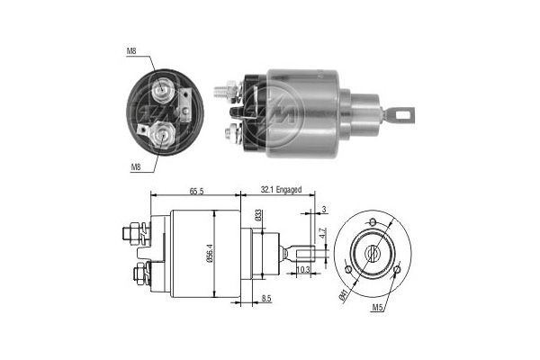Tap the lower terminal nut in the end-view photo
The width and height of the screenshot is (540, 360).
click(x=163, y=136)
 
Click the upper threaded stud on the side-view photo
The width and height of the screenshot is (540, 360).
click(x=223, y=90)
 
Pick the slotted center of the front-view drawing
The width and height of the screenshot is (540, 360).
click(x=373, y=255)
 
